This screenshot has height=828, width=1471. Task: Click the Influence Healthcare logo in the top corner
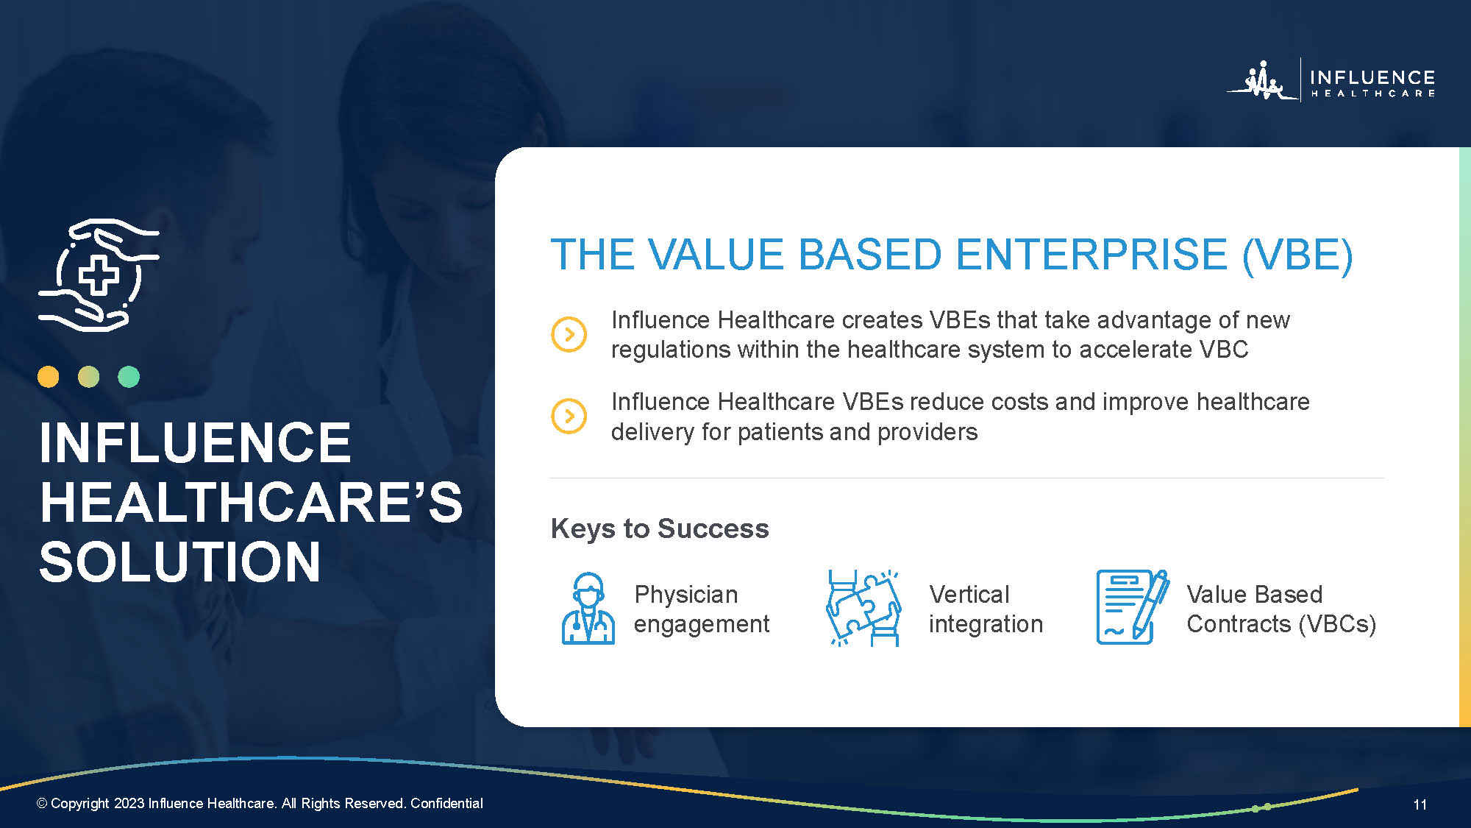click(x=1331, y=79)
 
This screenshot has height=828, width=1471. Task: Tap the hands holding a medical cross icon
click(x=99, y=275)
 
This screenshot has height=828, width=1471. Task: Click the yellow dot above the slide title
click(x=49, y=377)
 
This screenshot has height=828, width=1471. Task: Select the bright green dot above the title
click(x=129, y=377)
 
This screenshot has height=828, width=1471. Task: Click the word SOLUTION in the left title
click(x=180, y=562)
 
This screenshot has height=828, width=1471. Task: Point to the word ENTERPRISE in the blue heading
click(x=1092, y=255)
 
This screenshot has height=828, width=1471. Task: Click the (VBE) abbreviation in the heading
click(x=1297, y=256)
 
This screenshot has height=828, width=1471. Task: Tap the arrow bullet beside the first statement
click(x=569, y=334)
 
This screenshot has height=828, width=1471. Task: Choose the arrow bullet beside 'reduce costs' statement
click(x=569, y=416)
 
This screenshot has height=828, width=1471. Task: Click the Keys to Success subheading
click(x=660, y=528)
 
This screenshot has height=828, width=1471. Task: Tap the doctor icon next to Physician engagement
click(x=588, y=609)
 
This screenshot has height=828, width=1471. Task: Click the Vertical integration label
click(x=986, y=609)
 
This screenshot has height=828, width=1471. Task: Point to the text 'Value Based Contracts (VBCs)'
click(x=1281, y=609)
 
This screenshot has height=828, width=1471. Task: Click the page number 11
click(x=1420, y=804)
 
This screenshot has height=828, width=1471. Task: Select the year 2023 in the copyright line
click(x=129, y=803)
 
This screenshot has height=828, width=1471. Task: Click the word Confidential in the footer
click(x=446, y=803)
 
